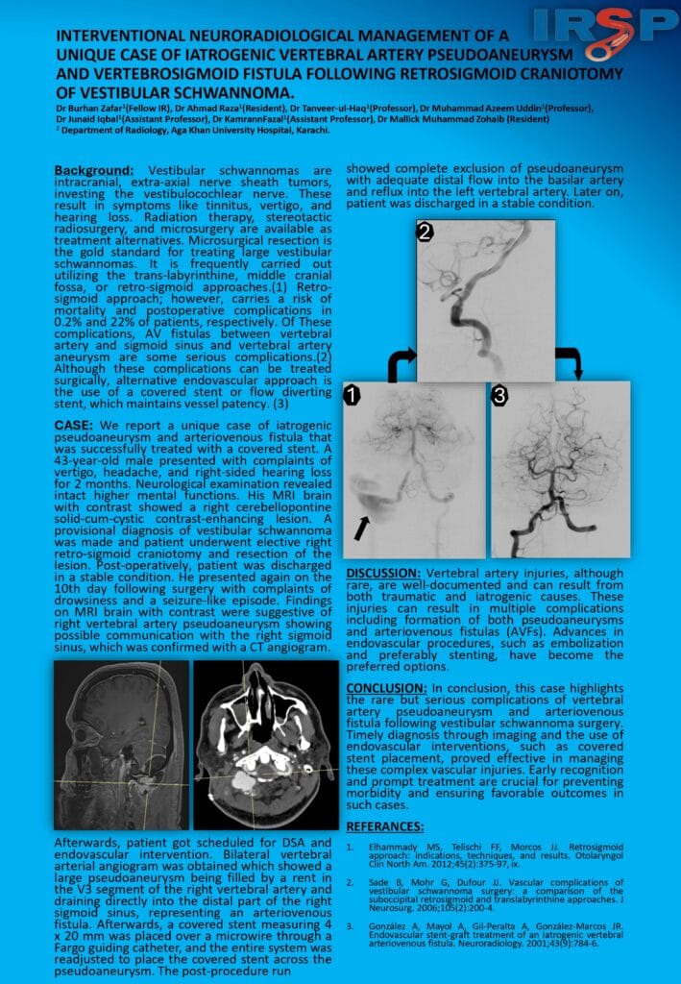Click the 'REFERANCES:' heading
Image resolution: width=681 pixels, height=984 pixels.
pyautogui.click(x=384, y=826)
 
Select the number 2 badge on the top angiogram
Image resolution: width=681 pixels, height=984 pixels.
pyautogui.click(x=426, y=232)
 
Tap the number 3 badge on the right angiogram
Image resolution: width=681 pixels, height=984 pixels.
pyautogui.click(x=499, y=395)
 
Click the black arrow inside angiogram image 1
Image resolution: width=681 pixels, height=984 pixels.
pyautogui.click(x=362, y=526)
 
